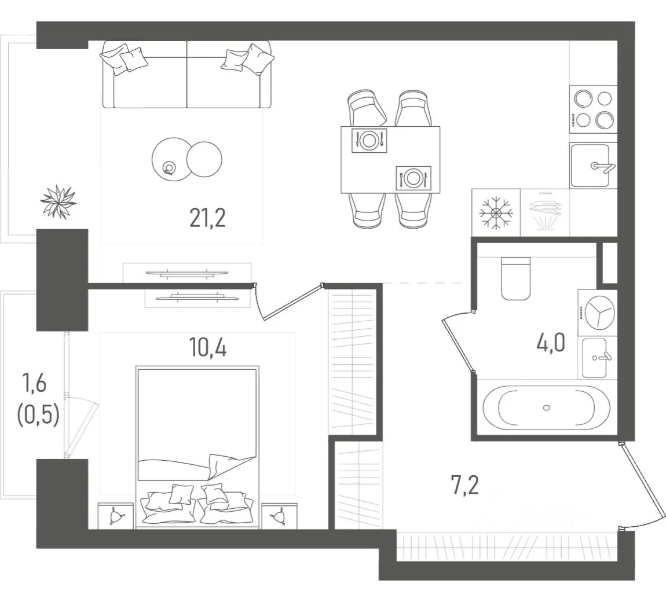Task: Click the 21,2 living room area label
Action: tap(207, 219)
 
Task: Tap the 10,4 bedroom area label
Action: tap(208, 348)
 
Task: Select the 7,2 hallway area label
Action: tap(464, 485)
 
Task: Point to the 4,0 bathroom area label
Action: tap(551, 343)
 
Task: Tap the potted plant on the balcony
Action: tap(58, 202)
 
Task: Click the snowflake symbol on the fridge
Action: tap(496, 212)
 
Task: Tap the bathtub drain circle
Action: tap(547, 408)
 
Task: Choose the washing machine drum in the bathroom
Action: tap(600, 313)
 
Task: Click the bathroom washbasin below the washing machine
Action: tap(595, 358)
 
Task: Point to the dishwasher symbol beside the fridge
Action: tap(545, 212)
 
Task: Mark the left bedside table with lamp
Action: tap(115, 515)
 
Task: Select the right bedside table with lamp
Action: tap(279, 515)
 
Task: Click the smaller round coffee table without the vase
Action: tap(204, 159)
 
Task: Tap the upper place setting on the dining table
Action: tap(369, 140)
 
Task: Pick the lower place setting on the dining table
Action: tap(413, 178)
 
